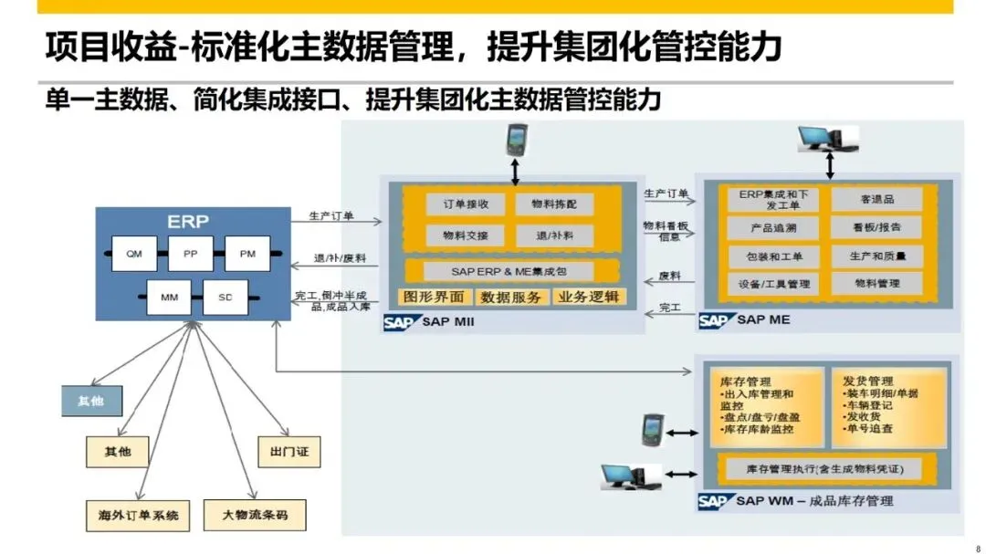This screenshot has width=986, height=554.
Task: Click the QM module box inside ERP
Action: click(x=134, y=254)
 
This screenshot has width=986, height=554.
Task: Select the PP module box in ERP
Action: click(x=191, y=254)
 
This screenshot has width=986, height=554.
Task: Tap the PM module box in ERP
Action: click(x=247, y=254)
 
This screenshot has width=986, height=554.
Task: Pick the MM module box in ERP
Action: click(x=169, y=298)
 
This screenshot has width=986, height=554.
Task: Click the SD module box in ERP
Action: click(x=226, y=298)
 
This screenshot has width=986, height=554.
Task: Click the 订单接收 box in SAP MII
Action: click(x=466, y=204)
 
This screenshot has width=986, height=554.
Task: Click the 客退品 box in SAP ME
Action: click(x=876, y=198)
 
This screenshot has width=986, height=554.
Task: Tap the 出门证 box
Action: click(x=289, y=451)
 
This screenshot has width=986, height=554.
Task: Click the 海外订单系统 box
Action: click(x=132, y=515)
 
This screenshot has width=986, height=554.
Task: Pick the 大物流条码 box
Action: click(x=255, y=515)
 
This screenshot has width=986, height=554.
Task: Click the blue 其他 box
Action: click(x=90, y=399)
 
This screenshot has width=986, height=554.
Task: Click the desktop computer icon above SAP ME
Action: click(x=827, y=139)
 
